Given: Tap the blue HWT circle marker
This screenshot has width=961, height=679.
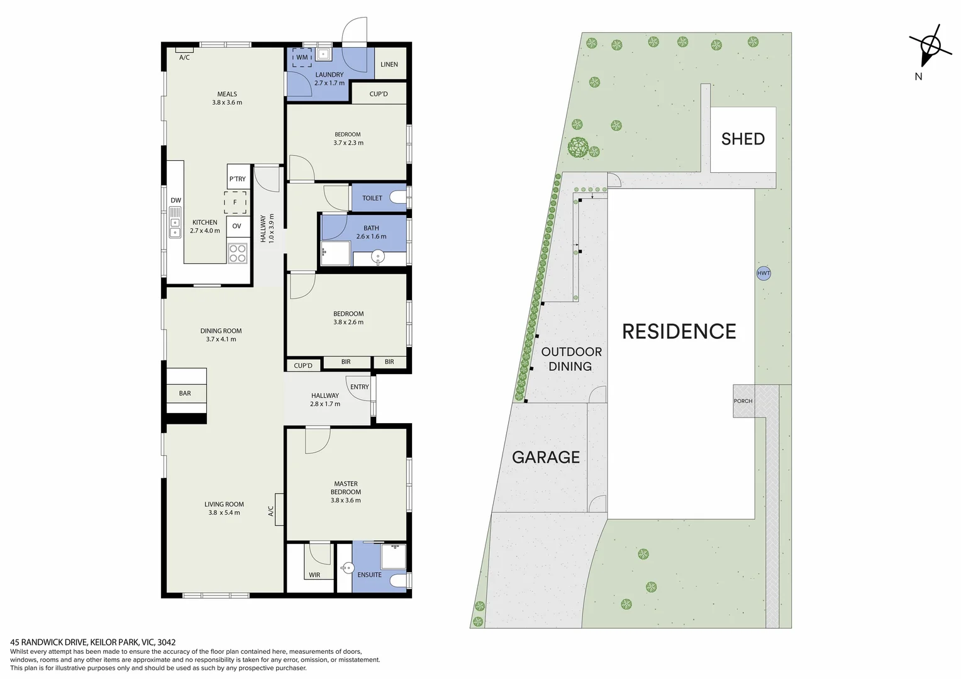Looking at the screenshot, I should pyautogui.click(x=764, y=273).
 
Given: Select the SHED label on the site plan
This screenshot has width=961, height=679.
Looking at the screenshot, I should pyautogui.click(x=743, y=139).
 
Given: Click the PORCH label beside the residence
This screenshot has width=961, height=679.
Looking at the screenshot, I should pyautogui.click(x=743, y=401).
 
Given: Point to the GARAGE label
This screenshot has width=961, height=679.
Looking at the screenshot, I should pyautogui.click(x=546, y=457).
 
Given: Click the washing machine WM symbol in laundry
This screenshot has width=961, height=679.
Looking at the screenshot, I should pyautogui.click(x=302, y=57).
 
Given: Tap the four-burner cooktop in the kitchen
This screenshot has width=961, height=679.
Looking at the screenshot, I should pyautogui.click(x=238, y=253).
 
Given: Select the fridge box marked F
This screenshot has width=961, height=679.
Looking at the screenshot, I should pyautogui.click(x=235, y=202).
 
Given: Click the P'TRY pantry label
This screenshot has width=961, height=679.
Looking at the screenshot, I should pyautogui.click(x=238, y=179).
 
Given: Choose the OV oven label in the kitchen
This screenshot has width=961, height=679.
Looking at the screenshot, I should pyautogui.click(x=236, y=226).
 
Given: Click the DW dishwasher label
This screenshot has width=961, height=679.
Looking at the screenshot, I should pyautogui.click(x=175, y=201).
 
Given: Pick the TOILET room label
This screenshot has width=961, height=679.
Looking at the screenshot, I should pyautogui.click(x=372, y=198).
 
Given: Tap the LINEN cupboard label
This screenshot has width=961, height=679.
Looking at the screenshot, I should pyautogui.click(x=389, y=64).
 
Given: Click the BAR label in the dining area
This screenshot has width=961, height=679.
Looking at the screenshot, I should pyautogui.click(x=185, y=394).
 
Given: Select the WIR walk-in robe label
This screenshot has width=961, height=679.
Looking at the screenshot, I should pyautogui.click(x=314, y=575).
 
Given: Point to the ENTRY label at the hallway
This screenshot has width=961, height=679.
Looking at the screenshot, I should pyautogui.click(x=360, y=387).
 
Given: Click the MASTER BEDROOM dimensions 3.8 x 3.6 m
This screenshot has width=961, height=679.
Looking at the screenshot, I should pyautogui.click(x=346, y=500).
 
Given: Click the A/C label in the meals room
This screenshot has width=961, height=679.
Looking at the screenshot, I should pyautogui.click(x=184, y=58).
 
